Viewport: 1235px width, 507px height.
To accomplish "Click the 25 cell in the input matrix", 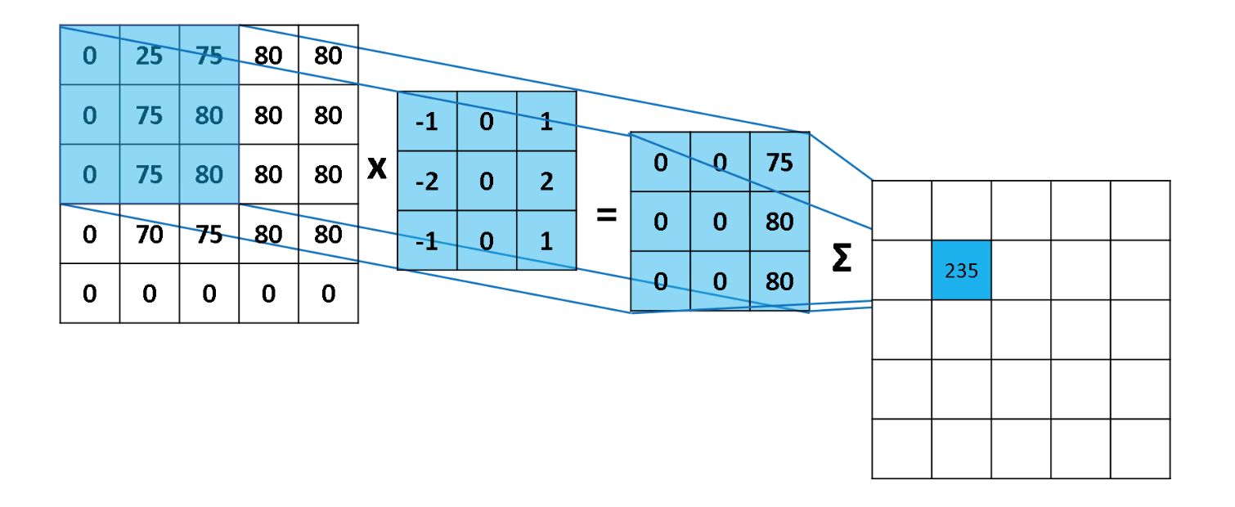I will pos(149,56).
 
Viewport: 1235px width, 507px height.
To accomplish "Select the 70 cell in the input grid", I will pos(149,235).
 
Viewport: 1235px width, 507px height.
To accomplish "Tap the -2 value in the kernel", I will pos(426,181).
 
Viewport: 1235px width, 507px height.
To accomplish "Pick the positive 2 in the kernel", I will pos(546,181).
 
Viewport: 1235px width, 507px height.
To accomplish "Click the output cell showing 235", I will pos(961,271).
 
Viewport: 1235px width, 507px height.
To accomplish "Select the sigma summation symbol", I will pos(841,259).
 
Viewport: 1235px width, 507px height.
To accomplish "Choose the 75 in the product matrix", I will pos(779,162).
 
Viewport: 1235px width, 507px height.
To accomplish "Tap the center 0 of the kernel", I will pos(487,181).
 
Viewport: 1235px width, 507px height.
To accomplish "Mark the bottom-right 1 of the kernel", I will pos(546,240).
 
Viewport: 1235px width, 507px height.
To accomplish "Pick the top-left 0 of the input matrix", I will pos(89,56).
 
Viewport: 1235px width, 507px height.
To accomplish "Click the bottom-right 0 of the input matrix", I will pos(328,294).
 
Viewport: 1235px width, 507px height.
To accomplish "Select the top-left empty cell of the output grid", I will pos(901,211).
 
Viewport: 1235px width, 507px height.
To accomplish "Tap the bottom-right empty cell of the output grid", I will pos(1140,449).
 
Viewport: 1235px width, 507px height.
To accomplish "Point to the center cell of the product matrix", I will pos(720,222).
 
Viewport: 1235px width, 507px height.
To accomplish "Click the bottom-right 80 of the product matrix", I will pos(779,281).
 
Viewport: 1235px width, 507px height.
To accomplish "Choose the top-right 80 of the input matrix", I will pos(328,56).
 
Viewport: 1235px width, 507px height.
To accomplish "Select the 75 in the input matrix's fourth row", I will pos(209,235).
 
